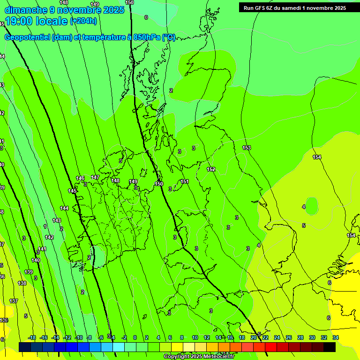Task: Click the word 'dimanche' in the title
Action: coord(26,10)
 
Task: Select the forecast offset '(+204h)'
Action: coord(83,21)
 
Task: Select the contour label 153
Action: coord(247,148)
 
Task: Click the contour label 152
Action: coord(211,169)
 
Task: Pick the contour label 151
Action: coord(185,181)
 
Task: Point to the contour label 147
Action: coord(95,177)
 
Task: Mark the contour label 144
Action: coord(64,208)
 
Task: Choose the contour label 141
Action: coord(42,249)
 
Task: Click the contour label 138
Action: coord(22,283)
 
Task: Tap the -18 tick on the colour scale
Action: coord(32,337)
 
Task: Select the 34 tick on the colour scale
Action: coord(336,337)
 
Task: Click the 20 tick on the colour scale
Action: coord(254,337)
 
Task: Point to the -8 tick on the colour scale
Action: coord(89,337)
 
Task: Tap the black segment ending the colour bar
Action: coord(330,347)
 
